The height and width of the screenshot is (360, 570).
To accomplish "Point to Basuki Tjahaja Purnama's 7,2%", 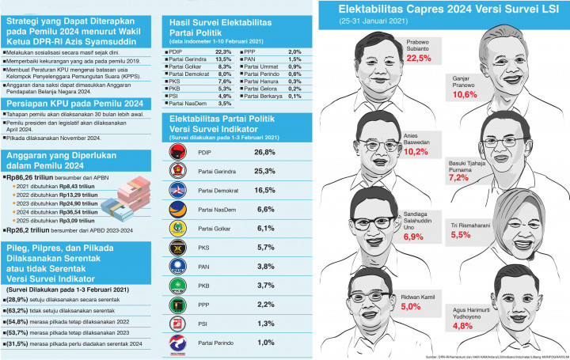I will point(459,178).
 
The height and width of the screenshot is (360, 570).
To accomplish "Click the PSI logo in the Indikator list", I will point(180,323).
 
